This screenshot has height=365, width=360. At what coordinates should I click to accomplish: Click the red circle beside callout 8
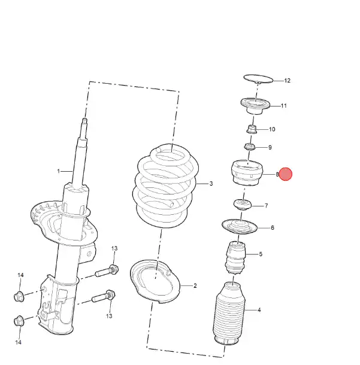(x=286, y=174)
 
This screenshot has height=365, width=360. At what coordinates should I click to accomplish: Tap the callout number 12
(x=288, y=81)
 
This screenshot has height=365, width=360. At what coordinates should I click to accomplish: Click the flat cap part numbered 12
(x=258, y=79)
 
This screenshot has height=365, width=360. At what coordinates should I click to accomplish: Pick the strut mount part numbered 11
(x=255, y=106)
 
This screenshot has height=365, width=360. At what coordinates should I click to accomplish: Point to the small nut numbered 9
(x=250, y=147)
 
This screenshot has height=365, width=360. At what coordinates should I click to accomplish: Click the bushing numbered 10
(x=252, y=129)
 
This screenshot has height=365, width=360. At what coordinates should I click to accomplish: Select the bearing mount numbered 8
(x=247, y=173)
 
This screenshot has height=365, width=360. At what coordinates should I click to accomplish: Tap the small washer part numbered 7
(x=243, y=205)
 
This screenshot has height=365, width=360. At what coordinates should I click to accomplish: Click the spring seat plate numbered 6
(x=240, y=227)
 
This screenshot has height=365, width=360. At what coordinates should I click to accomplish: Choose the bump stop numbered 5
(x=235, y=258)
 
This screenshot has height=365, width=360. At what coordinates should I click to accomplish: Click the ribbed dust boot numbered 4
(x=229, y=314)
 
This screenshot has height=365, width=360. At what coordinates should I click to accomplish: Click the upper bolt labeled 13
(x=107, y=271)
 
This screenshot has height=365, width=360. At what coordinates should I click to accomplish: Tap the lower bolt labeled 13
(x=104, y=296)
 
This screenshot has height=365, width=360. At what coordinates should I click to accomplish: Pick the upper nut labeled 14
(x=19, y=296)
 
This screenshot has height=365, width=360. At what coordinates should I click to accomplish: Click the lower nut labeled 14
(x=19, y=321)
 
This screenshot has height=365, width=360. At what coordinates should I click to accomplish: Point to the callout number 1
(x=59, y=171)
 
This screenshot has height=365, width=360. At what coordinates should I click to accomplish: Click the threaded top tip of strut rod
(x=85, y=121)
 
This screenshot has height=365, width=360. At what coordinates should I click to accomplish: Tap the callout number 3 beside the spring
(x=211, y=184)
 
